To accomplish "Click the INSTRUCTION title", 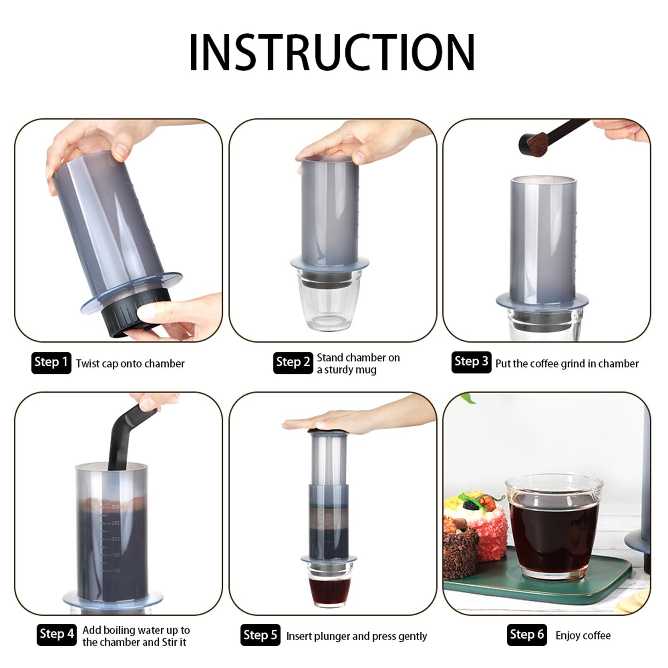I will (332, 52).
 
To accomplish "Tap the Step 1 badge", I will (51, 362).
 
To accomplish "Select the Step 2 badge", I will (293, 362).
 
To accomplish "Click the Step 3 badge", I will (471, 362).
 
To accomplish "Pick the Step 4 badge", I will (56, 634).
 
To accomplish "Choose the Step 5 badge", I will (260, 635).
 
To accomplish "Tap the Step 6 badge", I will (526, 635).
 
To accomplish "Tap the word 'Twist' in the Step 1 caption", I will (88, 364).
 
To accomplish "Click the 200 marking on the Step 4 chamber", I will (115, 539).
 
